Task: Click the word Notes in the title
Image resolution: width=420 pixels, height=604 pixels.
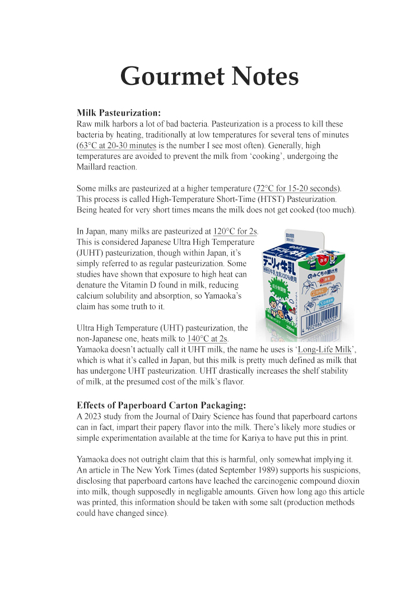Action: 263,76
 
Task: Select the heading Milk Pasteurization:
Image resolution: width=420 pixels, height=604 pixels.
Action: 119,114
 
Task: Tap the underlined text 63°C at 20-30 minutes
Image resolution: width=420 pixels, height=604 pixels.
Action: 117,145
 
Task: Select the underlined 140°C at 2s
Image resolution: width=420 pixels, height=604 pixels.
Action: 207,338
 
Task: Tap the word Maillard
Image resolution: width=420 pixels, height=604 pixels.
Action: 92,167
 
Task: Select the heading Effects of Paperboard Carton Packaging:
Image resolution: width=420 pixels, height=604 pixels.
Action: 161,405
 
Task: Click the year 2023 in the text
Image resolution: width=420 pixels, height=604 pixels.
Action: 93,417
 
